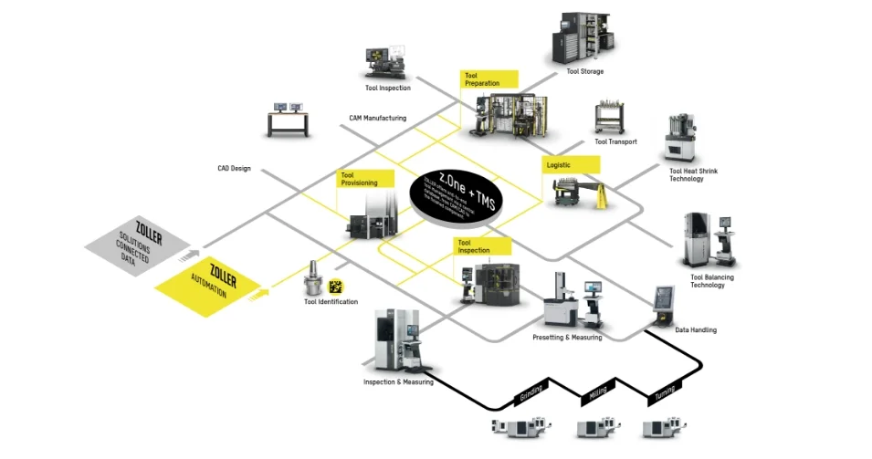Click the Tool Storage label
click(x=584, y=71)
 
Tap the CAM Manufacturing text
click(x=377, y=118)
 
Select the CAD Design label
click(x=234, y=168)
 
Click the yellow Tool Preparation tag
click(x=489, y=79)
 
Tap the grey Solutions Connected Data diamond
click(x=139, y=244)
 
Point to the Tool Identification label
click(x=331, y=302)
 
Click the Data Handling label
click(x=695, y=329)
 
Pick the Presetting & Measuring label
click(x=567, y=338)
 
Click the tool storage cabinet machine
click(x=582, y=37)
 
